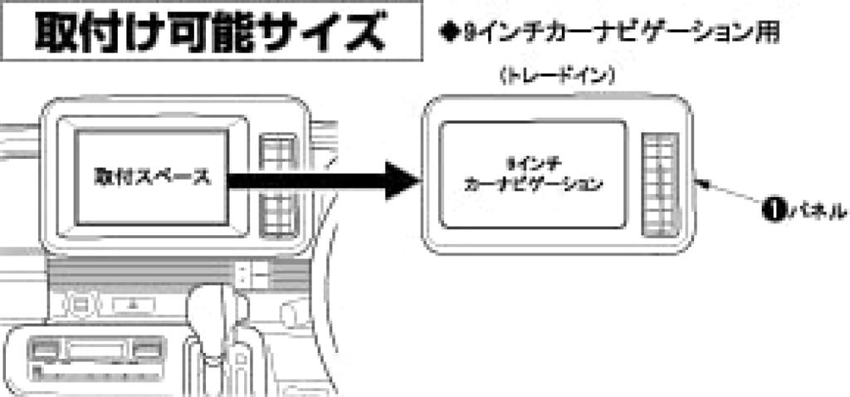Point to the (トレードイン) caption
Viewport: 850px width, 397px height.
556,76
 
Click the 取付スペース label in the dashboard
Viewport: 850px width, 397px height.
152,176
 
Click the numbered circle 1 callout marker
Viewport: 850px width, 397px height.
771,208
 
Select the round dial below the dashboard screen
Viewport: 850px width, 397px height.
81,305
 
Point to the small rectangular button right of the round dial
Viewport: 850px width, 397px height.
132,305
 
